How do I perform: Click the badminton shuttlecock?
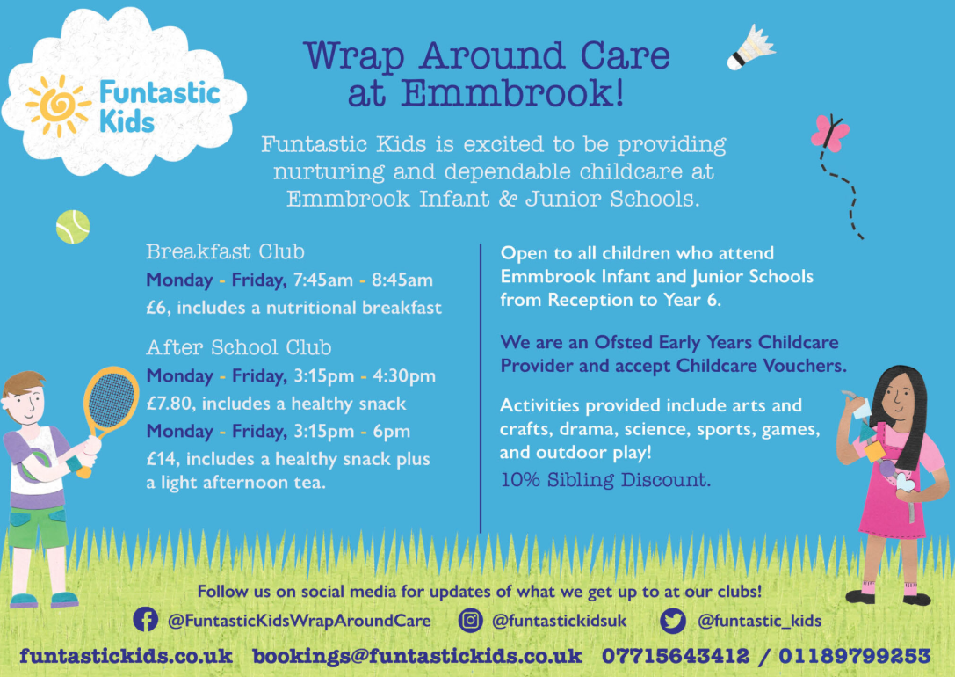[751, 47]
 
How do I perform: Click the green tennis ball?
[73, 227]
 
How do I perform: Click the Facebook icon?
[146, 620]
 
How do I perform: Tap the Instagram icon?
[470, 621]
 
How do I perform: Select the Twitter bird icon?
[673, 621]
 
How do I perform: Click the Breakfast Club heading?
[225, 251]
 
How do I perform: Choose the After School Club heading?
[239, 347]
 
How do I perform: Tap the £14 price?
[162, 459]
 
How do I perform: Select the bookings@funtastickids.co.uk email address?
[417, 656]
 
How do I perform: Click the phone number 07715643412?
[676, 656]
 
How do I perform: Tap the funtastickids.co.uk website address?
[127, 656]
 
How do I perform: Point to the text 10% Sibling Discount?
[605, 480]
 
